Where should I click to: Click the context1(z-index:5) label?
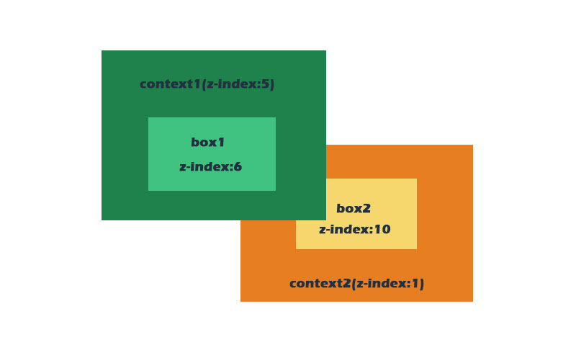click(x=207, y=84)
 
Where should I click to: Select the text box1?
click(x=208, y=143)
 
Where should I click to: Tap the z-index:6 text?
click(x=210, y=167)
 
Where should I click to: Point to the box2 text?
click(x=354, y=209)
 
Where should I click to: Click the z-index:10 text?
click(x=354, y=230)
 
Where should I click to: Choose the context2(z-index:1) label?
click(x=356, y=284)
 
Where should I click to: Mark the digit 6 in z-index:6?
click(x=238, y=167)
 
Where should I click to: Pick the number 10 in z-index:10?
click(x=382, y=230)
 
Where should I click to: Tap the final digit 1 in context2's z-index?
click(x=415, y=284)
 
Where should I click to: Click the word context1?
click(x=170, y=84)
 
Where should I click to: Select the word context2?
click(x=320, y=284)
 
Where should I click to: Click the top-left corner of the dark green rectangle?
click(x=102, y=51)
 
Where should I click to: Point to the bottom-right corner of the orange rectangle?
click(x=472, y=301)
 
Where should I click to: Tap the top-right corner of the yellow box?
click(x=416, y=179)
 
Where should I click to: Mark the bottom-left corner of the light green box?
click(x=149, y=190)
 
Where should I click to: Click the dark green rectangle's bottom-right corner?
click(x=325, y=220)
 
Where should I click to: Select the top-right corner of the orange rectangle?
click(x=472, y=145)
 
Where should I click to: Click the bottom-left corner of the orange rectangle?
click(x=241, y=301)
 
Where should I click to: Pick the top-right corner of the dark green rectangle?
click(x=325, y=51)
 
